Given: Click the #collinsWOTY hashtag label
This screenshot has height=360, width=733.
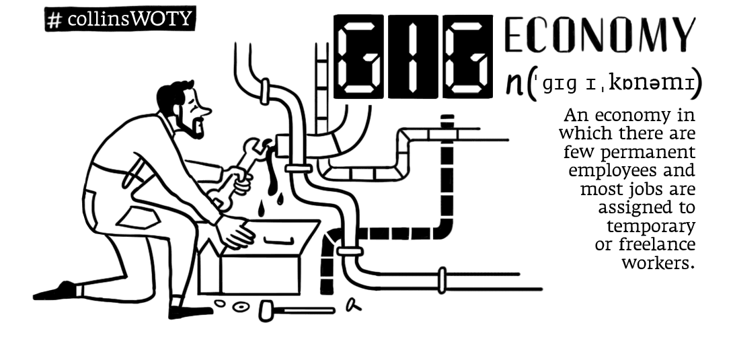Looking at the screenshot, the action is (120, 20).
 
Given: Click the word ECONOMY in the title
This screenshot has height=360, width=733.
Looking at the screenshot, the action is (599, 35).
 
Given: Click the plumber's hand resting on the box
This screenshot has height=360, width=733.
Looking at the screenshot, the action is (235, 232).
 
